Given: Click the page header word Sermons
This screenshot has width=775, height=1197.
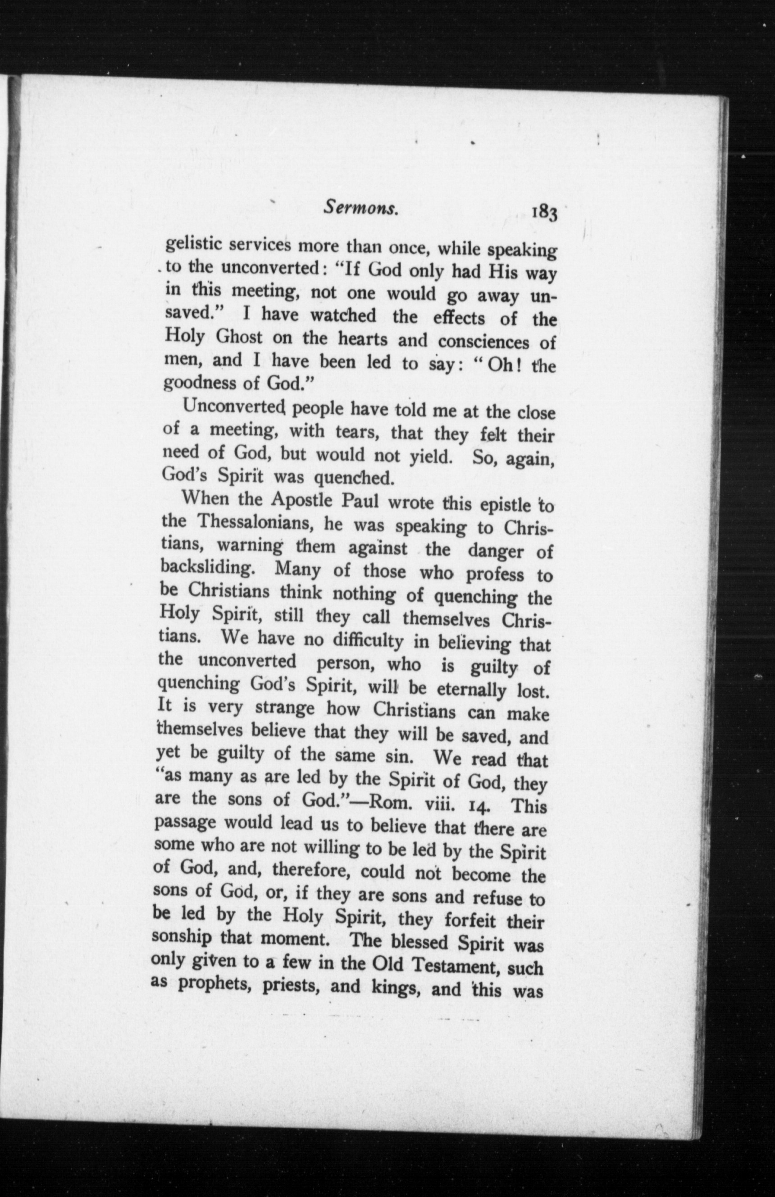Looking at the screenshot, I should [361, 207].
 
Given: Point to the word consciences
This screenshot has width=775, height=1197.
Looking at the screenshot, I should [483, 342].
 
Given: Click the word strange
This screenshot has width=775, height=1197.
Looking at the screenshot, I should [285, 708].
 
